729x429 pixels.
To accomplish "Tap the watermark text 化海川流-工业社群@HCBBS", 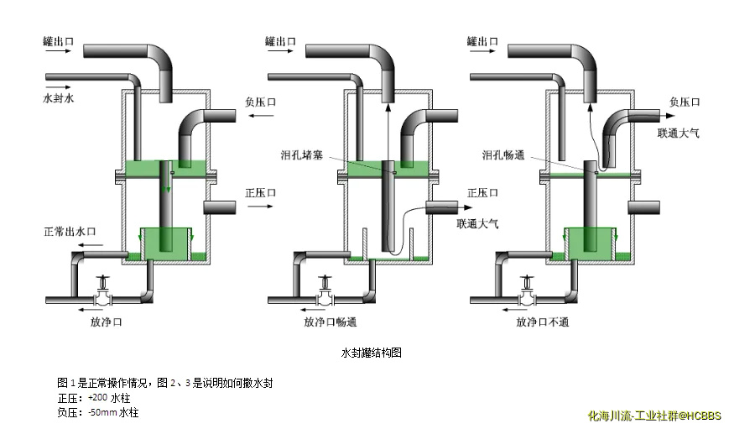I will click(x=653, y=415).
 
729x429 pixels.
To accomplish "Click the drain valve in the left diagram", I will click(x=102, y=295).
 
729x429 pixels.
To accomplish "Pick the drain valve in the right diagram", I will click(x=529, y=295).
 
